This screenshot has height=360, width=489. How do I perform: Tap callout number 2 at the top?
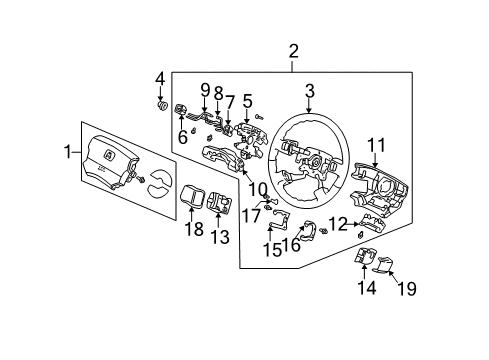pos(293,51)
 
